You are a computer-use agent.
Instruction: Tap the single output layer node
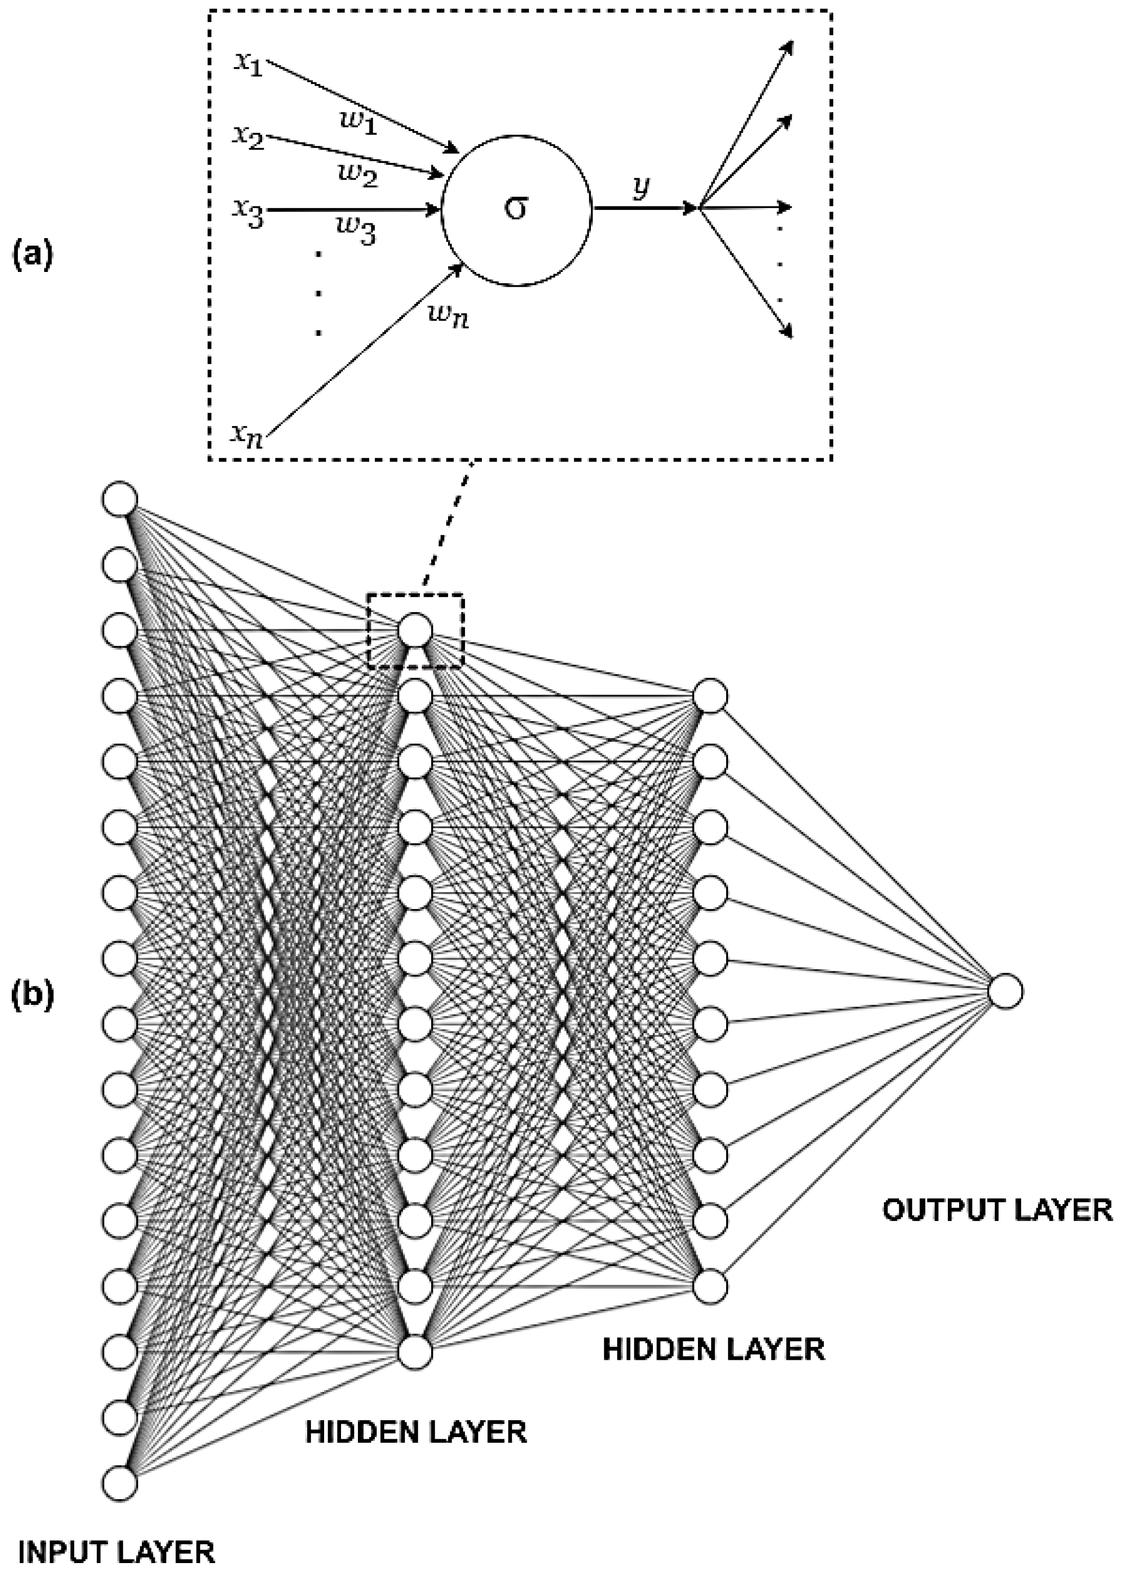(x=1005, y=992)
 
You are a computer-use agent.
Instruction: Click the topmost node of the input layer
(x=120, y=499)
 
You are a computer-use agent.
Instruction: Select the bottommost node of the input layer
(x=120, y=1483)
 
